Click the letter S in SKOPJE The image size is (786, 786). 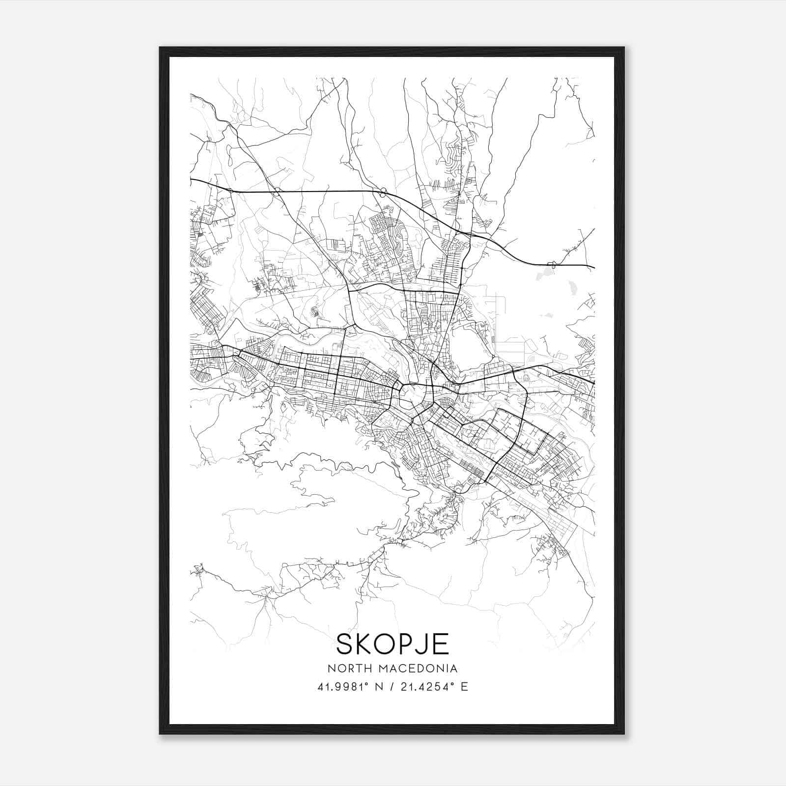(345, 644)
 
